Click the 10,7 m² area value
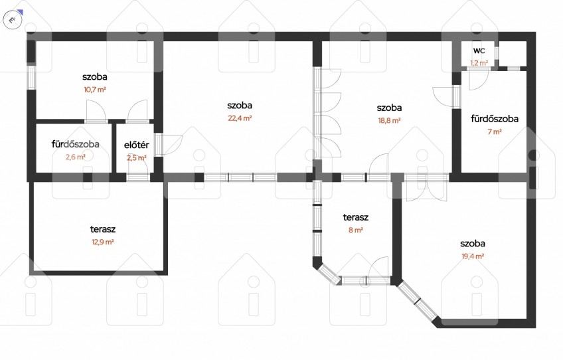[x=95, y=90]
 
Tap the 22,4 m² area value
[x=240, y=118]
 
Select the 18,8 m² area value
[x=389, y=120]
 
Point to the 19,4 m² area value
[x=473, y=256]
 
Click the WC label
[x=479, y=50]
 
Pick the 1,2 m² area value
[x=479, y=63]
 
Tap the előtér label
[x=137, y=145]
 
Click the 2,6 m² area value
[x=76, y=157]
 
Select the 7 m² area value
[x=495, y=132]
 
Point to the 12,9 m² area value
[x=103, y=242]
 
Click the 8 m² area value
[x=355, y=230]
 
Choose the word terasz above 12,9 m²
[x=103, y=229]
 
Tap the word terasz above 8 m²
[x=355, y=217]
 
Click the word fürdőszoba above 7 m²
[x=495, y=119]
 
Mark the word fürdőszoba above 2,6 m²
[x=76, y=144]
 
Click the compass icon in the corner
[x=13, y=19]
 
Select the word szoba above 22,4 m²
[x=240, y=105]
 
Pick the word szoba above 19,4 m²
[x=473, y=243]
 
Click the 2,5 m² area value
[x=137, y=157]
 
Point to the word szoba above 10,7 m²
[x=95, y=76]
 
